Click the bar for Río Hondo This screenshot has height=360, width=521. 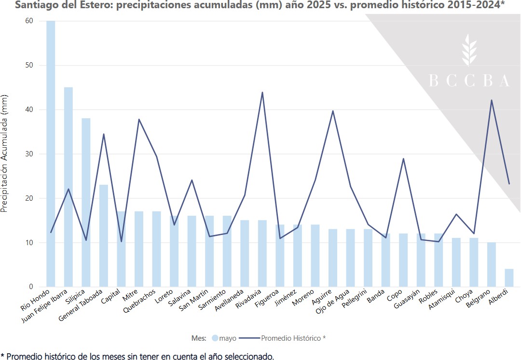click(51, 154)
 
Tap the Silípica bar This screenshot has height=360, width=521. click(86, 203)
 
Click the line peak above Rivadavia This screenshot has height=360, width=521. click(262, 93)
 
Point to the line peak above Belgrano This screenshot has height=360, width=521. click(492, 100)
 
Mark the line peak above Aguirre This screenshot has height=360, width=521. click(333, 111)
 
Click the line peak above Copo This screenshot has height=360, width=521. click(403, 159)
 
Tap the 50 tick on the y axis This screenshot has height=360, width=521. click(30, 65)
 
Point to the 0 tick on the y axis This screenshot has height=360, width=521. click(30, 287)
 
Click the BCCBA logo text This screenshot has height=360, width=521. click(469, 81)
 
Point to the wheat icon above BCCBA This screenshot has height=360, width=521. click(468, 50)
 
